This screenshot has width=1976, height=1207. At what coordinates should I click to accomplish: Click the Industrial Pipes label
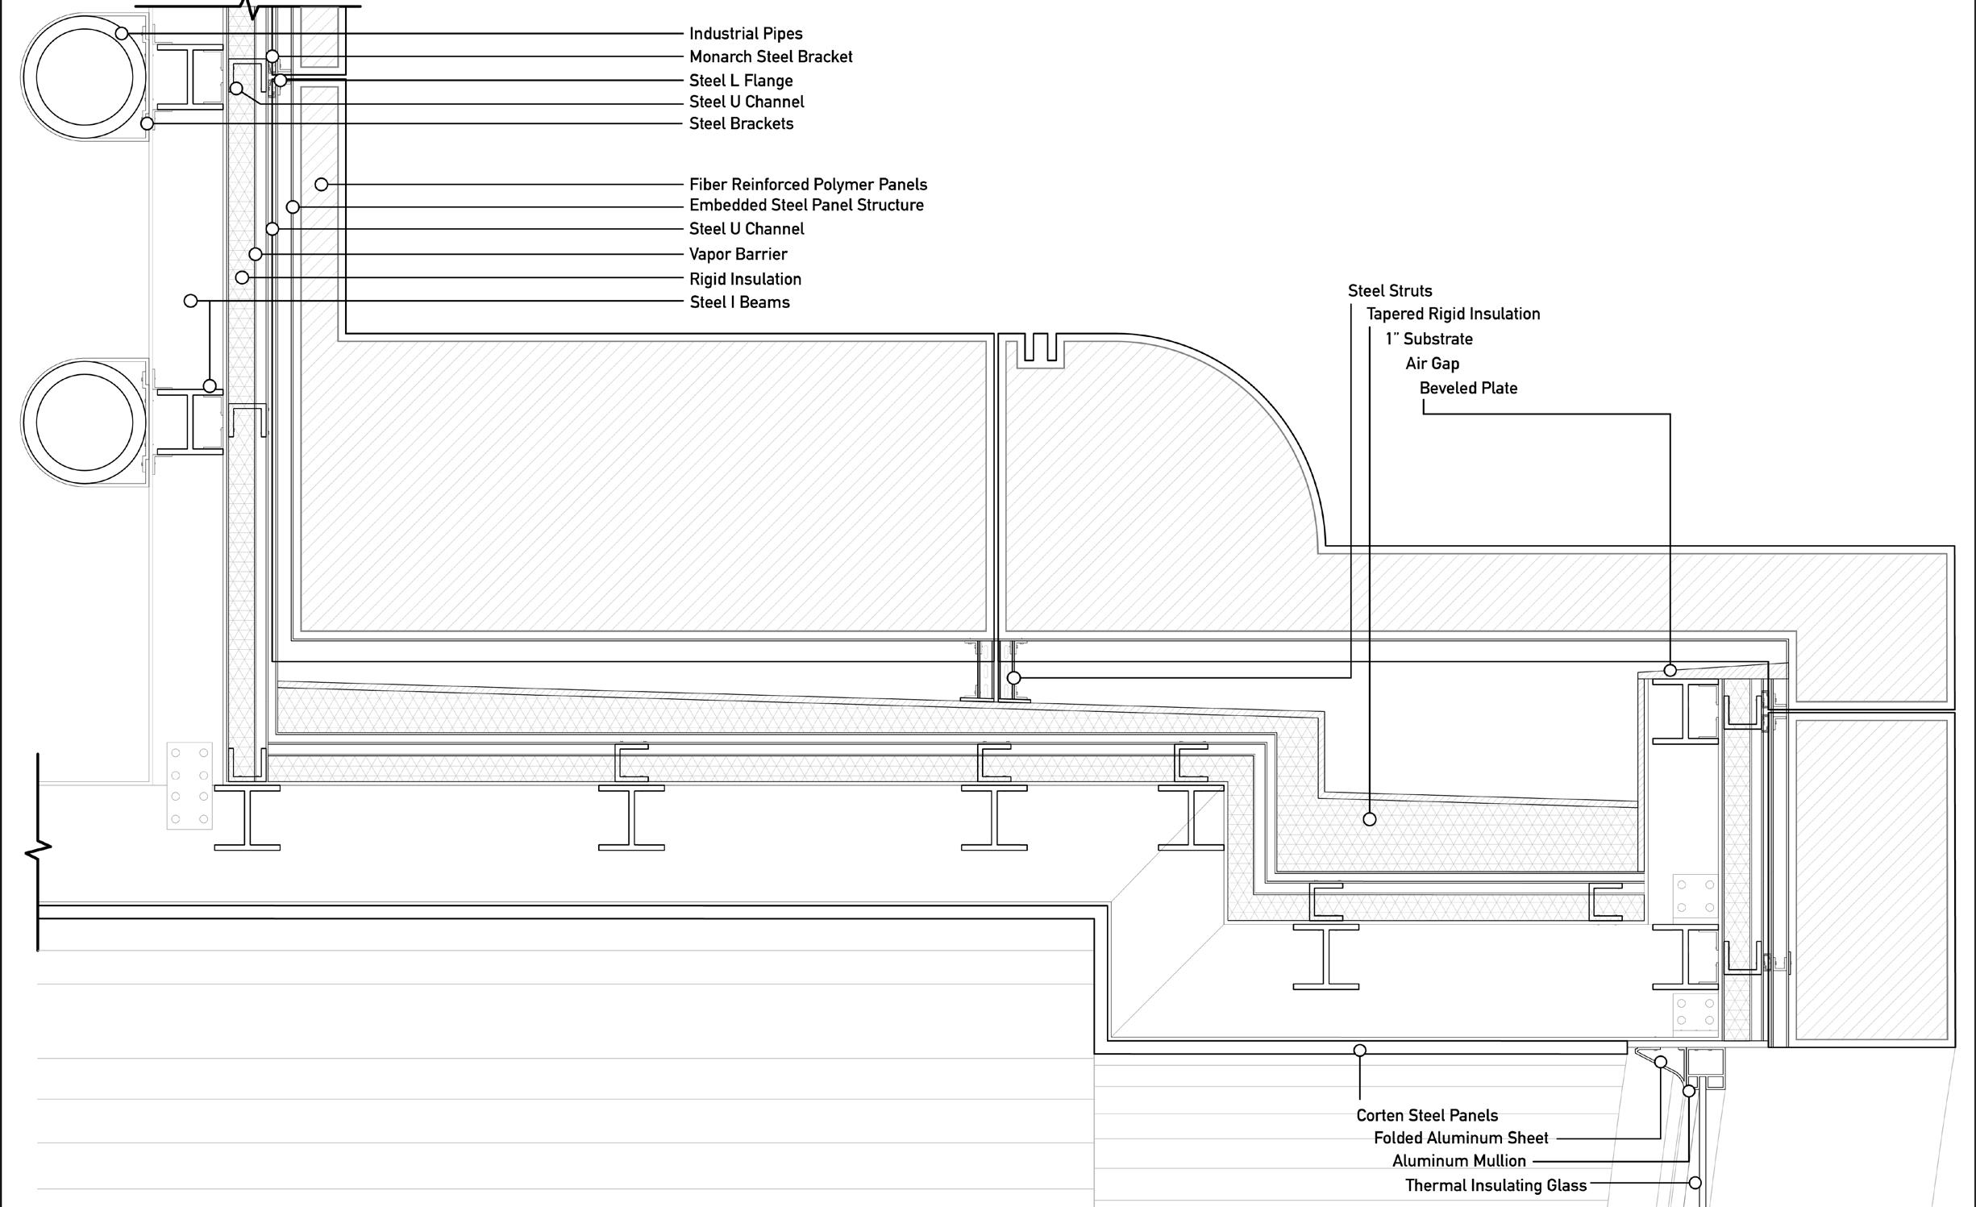point(746,34)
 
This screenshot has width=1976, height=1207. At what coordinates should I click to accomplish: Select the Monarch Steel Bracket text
point(771,57)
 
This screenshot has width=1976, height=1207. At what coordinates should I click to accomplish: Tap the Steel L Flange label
point(741,81)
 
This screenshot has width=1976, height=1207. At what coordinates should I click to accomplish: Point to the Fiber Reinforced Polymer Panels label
point(808,185)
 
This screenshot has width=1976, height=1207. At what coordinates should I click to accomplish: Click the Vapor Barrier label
point(738,254)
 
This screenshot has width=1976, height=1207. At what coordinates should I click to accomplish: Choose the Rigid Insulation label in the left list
point(745,279)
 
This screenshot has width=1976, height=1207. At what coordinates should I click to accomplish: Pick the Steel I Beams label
point(739,302)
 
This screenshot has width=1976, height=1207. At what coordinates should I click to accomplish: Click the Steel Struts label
point(1390,291)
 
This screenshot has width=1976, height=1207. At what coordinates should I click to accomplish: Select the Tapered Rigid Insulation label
point(1453,314)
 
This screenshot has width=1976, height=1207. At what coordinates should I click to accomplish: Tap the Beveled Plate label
point(1468,389)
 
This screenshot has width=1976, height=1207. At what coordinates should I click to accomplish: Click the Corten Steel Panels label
point(1427,1116)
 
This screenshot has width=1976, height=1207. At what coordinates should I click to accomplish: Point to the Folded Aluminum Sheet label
point(1461,1138)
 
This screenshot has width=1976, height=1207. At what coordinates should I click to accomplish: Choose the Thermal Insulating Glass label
point(1496,1185)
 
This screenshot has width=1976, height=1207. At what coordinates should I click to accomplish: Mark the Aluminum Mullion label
point(1458,1161)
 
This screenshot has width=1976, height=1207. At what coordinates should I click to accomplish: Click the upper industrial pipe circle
point(84,77)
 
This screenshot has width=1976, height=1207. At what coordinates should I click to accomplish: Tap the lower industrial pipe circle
point(84,422)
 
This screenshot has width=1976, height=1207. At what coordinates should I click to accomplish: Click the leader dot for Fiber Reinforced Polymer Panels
point(321,185)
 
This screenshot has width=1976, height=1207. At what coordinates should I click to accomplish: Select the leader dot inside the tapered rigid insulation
point(1369,819)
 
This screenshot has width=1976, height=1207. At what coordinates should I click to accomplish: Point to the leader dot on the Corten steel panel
point(1359,1051)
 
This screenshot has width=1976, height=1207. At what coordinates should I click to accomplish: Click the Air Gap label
point(1432,364)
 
